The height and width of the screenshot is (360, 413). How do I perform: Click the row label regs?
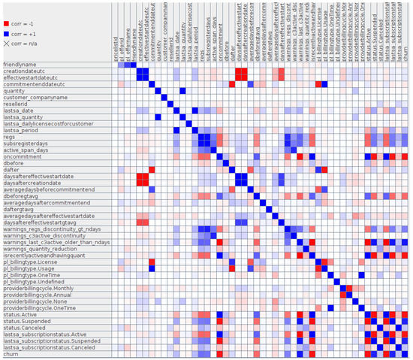(10, 137)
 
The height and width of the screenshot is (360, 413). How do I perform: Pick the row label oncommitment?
(23, 156)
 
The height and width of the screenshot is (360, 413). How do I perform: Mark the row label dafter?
(13, 168)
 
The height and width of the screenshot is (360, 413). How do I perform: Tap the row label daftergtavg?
(21, 207)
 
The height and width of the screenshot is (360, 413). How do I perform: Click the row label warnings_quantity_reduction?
(44, 251)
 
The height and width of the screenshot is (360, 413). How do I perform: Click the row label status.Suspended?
(27, 321)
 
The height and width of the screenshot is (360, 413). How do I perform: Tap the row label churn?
(11, 353)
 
